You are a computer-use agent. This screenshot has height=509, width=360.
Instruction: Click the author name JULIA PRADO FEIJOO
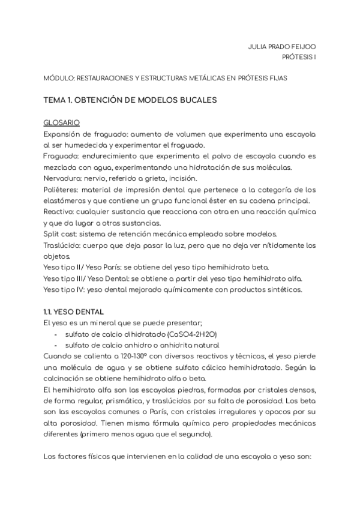(x=282, y=46)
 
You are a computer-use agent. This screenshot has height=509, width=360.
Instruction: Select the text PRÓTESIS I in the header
(x=299, y=57)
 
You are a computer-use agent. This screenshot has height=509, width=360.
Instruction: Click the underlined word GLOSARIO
(x=62, y=121)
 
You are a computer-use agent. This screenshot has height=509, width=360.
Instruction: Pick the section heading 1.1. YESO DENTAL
(x=74, y=312)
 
